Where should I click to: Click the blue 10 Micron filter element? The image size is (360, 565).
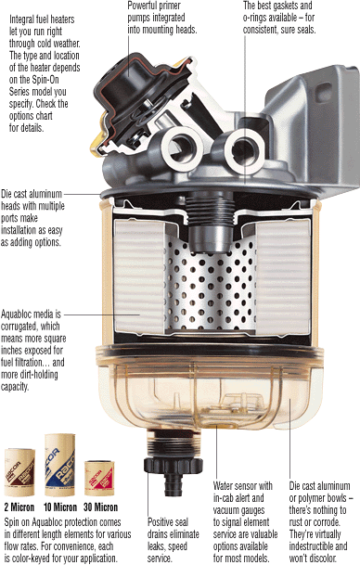[59, 465]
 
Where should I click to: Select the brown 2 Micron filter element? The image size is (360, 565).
[19, 472]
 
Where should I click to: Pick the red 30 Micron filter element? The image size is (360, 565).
[99, 478]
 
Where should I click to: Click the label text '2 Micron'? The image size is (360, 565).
[19, 507]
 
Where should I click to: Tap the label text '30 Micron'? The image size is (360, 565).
[100, 507]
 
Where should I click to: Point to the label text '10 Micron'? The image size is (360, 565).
[60, 507]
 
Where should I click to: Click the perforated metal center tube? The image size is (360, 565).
[211, 285]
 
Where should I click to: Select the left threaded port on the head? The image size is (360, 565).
[182, 147]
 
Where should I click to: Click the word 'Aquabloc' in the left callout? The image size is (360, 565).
[17, 315]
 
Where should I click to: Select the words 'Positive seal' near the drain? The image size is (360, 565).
[168, 522]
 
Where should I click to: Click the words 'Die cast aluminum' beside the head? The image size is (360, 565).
[32, 194]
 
